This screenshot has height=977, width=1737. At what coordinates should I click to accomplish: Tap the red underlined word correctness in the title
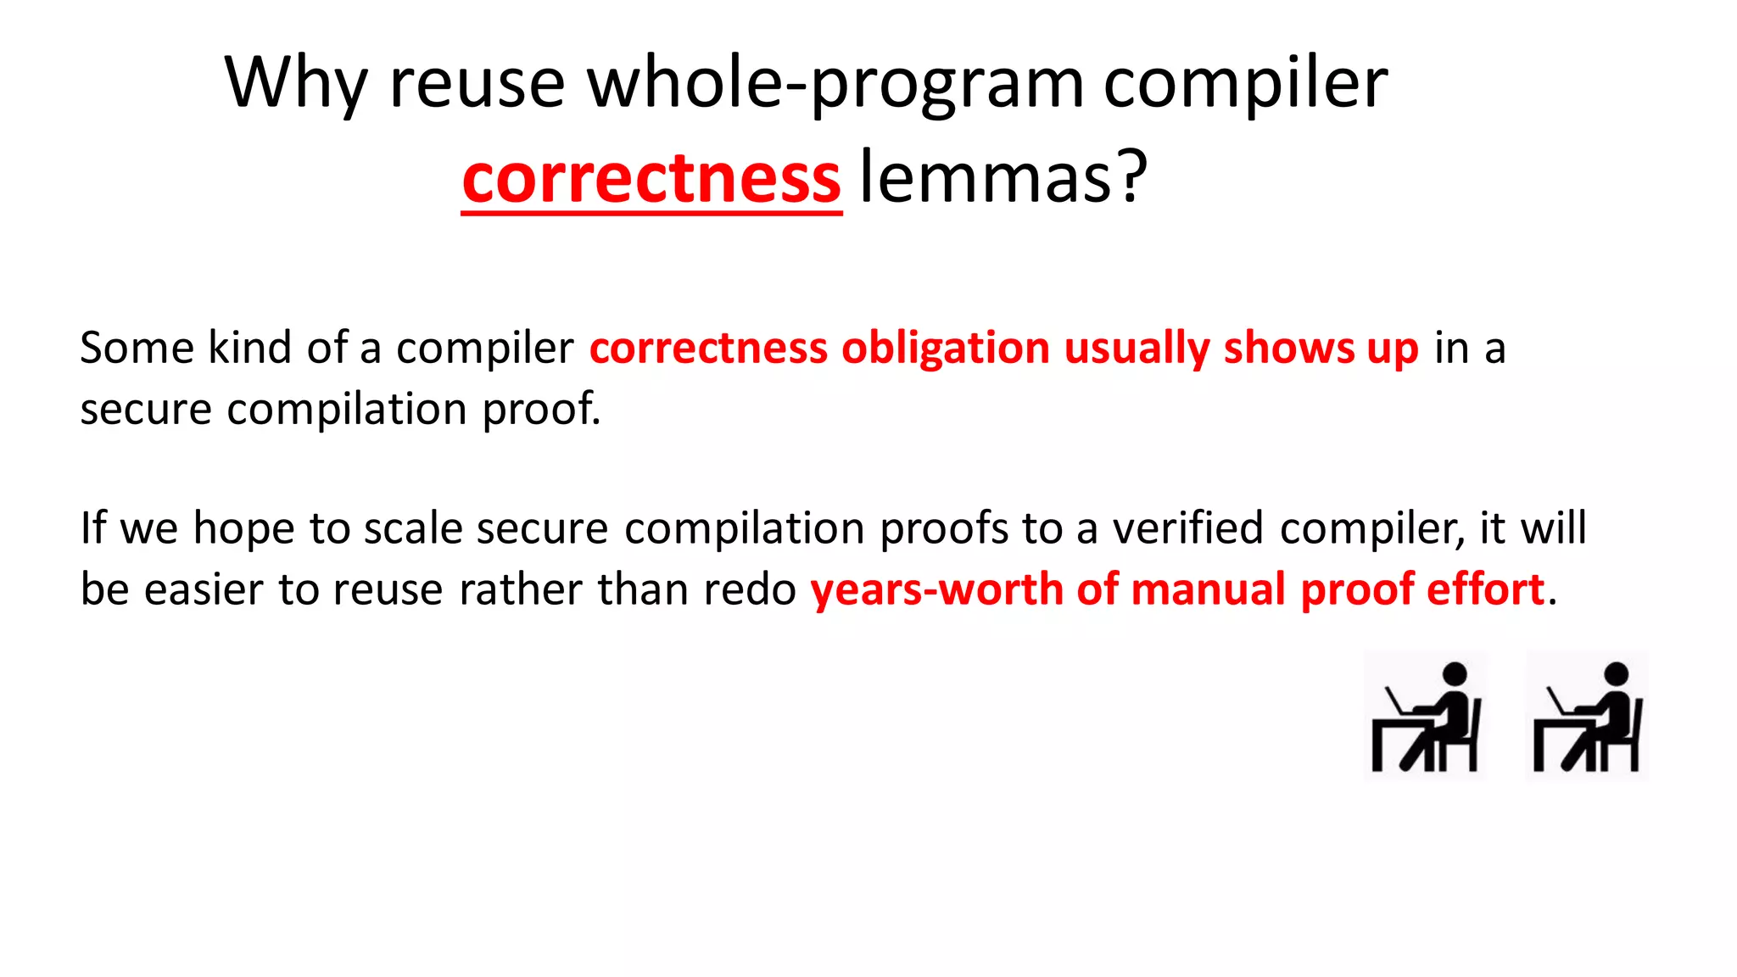pyautogui.click(x=651, y=178)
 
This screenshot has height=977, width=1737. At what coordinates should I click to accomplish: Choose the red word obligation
pyautogui.click(x=945, y=348)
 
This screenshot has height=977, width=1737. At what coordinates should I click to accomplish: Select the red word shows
pyautogui.click(x=1288, y=348)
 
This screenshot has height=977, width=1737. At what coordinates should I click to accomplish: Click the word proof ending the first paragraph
pyautogui.click(x=539, y=409)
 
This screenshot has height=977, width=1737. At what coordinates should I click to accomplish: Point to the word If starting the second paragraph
pyautogui.click(x=92, y=528)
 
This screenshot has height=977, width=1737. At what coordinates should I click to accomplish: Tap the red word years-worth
pyautogui.click(x=936, y=589)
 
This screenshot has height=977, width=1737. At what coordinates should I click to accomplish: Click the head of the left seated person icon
pyautogui.click(x=1455, y=674)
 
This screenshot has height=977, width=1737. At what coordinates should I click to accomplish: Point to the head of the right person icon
pyautogui.click(x=1617, y=674)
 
